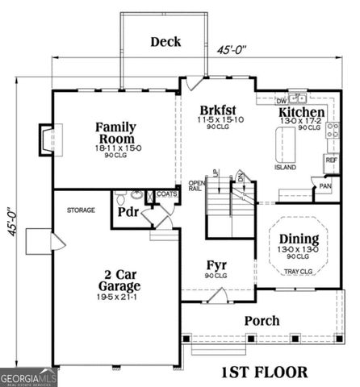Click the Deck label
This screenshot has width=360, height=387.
[x=166, y=42]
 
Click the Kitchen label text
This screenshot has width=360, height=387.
[x=302, y=113]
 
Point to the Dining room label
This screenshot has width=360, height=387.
[x=298, y=239]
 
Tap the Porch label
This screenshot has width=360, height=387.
[x=262, y=321]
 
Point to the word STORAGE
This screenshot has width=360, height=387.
[x=81, y=210]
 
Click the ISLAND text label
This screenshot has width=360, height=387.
[x=285, y=168]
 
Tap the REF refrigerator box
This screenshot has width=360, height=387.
[x=331, y=160]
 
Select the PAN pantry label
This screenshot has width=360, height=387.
[x=324, y=186]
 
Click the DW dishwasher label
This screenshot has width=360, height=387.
[x=281, y=102]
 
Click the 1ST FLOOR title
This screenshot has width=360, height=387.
[x=264, y=372]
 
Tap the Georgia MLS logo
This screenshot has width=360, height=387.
[x=27, y=377]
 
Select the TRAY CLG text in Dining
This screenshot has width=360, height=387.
[x=298, y=272]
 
